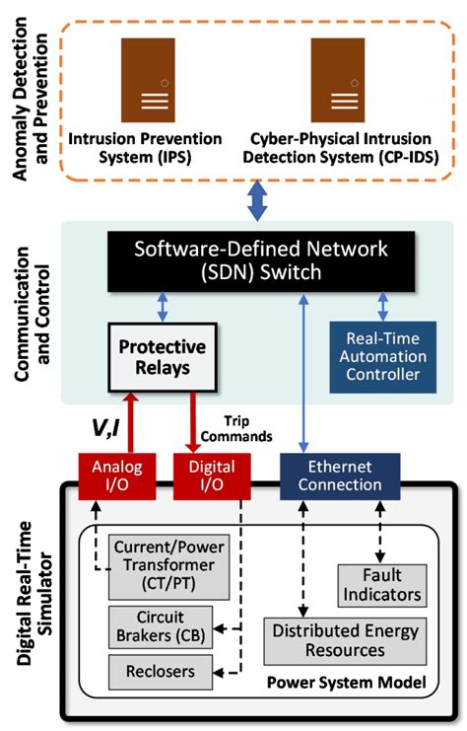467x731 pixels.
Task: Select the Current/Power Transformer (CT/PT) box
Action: [x=162, y=565]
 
